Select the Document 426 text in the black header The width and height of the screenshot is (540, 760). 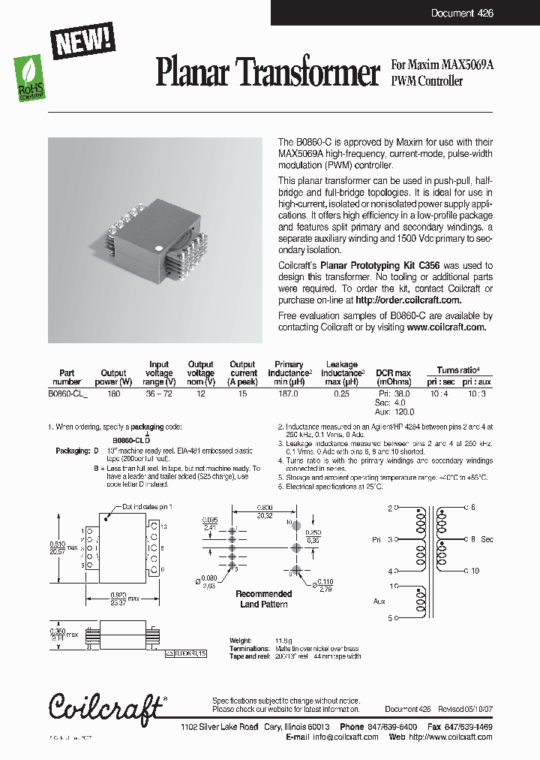pyautogui.click(x=462, y=14)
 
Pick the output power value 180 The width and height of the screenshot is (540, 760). pyautogui.click(x=113, y=392)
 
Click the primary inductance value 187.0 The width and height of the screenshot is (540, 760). pyautogui.click(x=289, y=392)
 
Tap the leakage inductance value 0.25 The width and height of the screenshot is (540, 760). pyautogui.click(x=341, y=392)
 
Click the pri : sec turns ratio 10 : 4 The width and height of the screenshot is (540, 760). pyautogui.click(x=439, y=392)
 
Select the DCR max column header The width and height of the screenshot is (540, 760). pyautogui.click(x=393, y=373)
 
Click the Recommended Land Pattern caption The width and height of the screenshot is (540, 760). pyautogui.click(x=264, y=599)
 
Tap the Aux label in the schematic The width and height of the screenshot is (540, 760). pyautogui.click(x=379, y=602)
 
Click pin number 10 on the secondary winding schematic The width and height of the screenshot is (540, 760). pyautogui.click(x=474, y=571)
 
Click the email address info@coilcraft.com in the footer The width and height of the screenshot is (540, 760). pyautogui.click(x=346, y=737)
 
